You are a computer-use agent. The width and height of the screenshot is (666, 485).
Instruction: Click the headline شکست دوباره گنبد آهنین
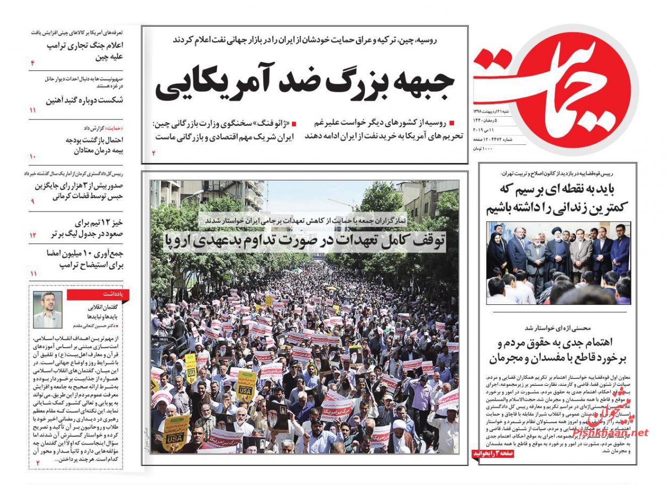85,100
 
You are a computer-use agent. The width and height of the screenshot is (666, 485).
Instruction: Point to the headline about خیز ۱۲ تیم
85,228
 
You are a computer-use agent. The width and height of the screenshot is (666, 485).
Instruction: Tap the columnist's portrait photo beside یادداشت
47,310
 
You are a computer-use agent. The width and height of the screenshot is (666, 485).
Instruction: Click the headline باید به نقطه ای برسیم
558,198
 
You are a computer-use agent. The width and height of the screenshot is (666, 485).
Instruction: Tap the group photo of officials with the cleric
558,263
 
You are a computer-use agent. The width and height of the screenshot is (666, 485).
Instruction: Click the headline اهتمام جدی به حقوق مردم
558,350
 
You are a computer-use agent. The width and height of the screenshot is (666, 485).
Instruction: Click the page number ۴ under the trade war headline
33,63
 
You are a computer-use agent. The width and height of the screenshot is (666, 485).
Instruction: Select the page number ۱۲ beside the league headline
33,235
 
